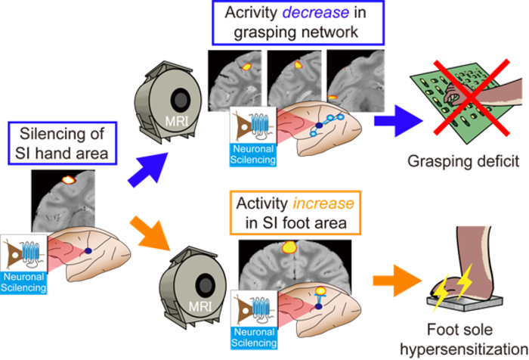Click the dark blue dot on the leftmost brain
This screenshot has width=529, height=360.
[x=88, y=250]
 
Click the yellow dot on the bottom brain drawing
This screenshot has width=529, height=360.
[x=319, y=289]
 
